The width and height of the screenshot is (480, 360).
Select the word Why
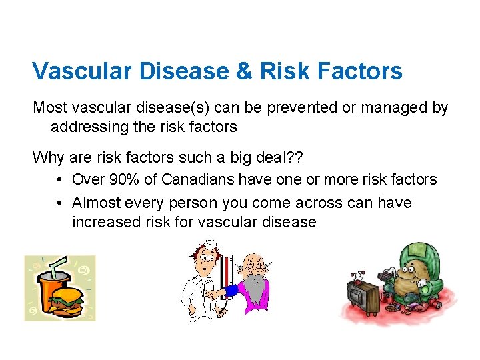(49, 158)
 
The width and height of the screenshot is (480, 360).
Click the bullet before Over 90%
(60, 179)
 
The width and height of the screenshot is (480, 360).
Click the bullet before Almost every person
(60, 203)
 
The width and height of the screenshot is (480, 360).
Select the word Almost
(94, 203)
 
